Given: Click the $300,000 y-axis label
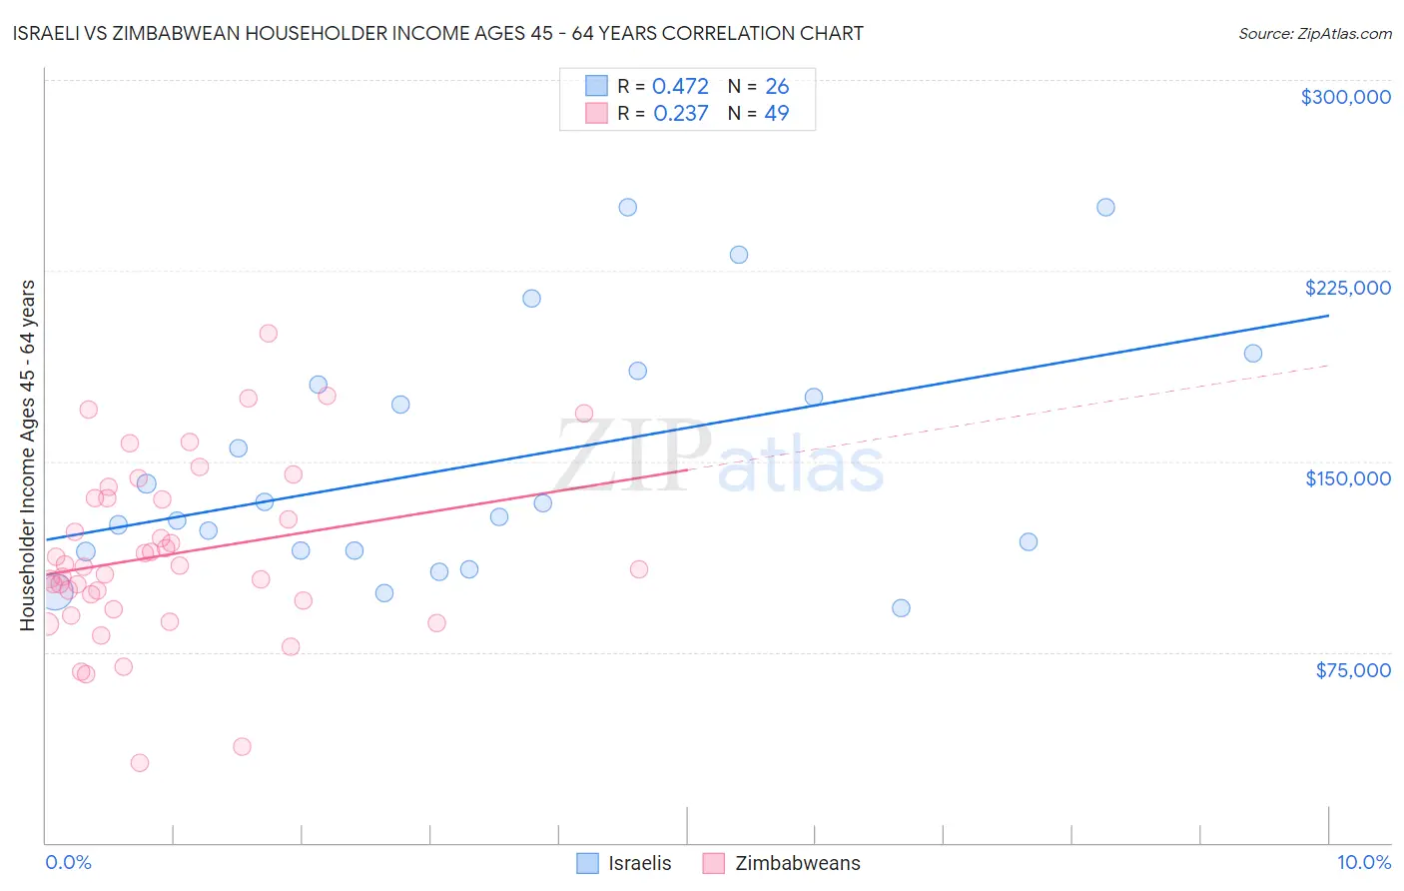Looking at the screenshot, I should (x=1345, y=97).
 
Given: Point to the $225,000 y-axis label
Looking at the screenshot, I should (x=1347, y=288).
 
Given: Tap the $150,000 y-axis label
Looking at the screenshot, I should (x=1347, y=478).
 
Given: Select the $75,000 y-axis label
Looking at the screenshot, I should (x=1352, y=670).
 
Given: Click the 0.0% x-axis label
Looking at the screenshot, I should (x=68, y=862).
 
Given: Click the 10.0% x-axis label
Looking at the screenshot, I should (x=1363, y=862).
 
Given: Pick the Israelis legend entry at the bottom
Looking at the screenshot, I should (x=625, y=863).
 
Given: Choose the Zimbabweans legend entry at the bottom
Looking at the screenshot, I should (x=782, y=863).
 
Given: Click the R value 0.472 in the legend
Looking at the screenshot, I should (x=680, y=87).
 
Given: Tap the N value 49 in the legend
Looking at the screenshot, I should (x=776, y=113).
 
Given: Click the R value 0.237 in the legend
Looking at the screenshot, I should (x=680, y=113).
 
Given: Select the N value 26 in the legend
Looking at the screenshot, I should (x=776, y=87).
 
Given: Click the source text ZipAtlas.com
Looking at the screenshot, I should (x=1314, y=34).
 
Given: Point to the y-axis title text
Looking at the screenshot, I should (x=28, y=455).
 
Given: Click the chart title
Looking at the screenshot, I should (x=438, y=33).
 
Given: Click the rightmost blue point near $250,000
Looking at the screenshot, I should (x=1105, y=208).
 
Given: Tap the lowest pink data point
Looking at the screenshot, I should (x=140, y=763).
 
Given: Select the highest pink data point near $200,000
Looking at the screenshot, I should (x=268, y=334).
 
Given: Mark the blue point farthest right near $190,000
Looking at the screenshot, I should (x=1253, y=354).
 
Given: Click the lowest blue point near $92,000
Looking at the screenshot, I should (x=901, y=608).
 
